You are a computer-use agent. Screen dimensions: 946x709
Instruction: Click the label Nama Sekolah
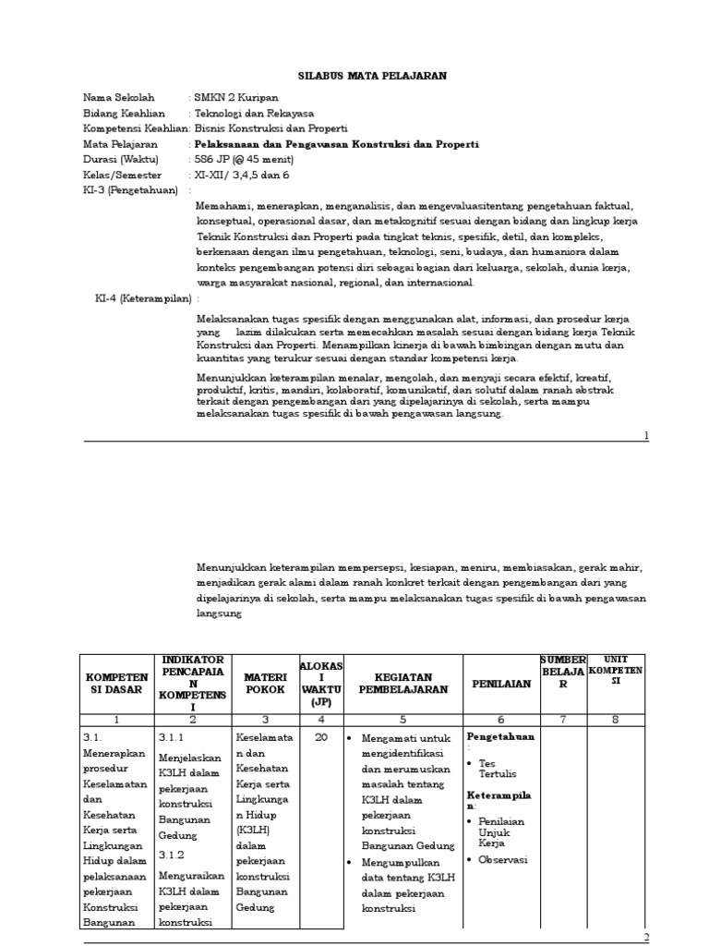click(119, 97)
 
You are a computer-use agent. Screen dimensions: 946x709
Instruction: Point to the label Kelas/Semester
click(122, 175)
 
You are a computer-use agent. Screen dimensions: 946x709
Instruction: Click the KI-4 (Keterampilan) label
click(143, 299)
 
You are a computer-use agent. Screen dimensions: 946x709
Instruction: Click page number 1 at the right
click(646, 434)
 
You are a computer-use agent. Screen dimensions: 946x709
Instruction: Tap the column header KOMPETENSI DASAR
click(117, 684)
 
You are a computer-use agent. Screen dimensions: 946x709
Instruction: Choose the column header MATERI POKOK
click(264, 684)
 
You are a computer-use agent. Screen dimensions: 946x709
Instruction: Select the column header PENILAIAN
click(501, 685)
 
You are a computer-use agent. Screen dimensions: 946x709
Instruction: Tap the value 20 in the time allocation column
click(319, 738)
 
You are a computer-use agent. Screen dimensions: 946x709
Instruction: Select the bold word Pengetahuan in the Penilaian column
click(501, 737)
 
